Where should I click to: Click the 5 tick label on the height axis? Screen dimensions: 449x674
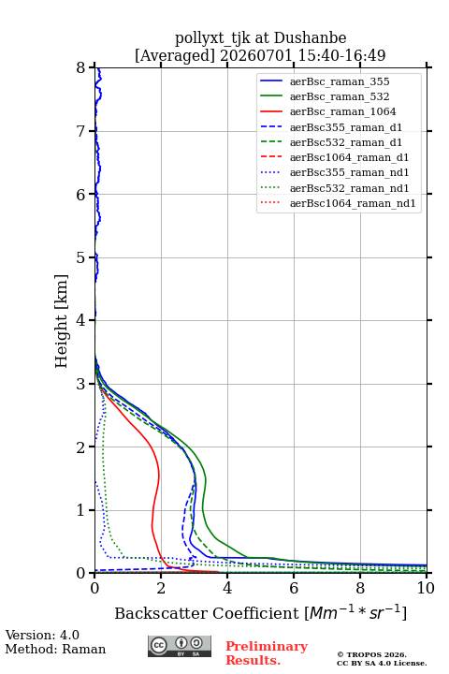81,258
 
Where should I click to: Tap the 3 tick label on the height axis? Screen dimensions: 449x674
81,384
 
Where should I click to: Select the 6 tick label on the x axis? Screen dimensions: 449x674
294,588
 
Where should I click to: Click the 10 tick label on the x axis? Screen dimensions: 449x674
427,588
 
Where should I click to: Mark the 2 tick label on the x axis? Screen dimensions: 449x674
161,588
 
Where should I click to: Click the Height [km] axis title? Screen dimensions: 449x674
62,321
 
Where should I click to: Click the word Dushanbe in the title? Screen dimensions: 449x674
310,38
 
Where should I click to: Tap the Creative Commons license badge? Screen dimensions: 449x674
180,646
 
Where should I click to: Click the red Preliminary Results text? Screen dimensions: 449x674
267,653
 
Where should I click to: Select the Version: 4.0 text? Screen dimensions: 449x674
42,636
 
